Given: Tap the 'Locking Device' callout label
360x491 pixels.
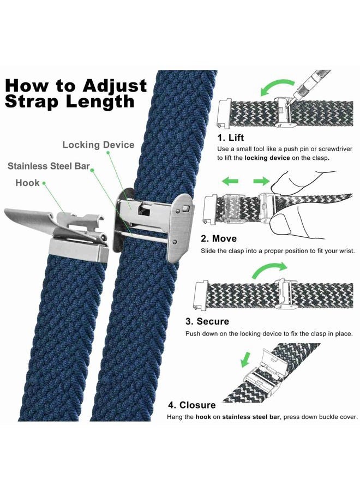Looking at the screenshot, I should (x=98, y=145).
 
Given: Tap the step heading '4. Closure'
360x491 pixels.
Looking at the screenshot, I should (x=192, y=405).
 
